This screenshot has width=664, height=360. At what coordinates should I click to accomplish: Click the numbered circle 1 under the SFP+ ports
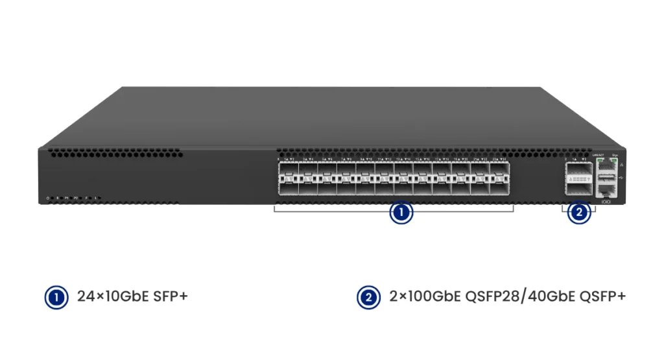click(x=401, y=213)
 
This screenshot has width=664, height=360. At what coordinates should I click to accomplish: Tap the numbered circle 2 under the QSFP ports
click(x=579, y=213)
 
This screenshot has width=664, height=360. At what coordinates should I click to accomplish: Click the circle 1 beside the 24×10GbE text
click(x=56, y=298)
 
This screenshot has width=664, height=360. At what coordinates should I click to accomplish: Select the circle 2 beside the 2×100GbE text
click(x=369, y=298)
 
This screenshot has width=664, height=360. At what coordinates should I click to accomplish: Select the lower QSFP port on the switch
click(x=578, y=187)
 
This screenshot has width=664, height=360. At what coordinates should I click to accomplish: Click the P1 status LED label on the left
click(x=66, y=197)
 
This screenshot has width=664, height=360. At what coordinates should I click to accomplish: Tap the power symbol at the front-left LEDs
click(x=47, y=197)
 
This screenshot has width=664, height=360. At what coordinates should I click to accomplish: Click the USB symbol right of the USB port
click(x=621, y=177)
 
